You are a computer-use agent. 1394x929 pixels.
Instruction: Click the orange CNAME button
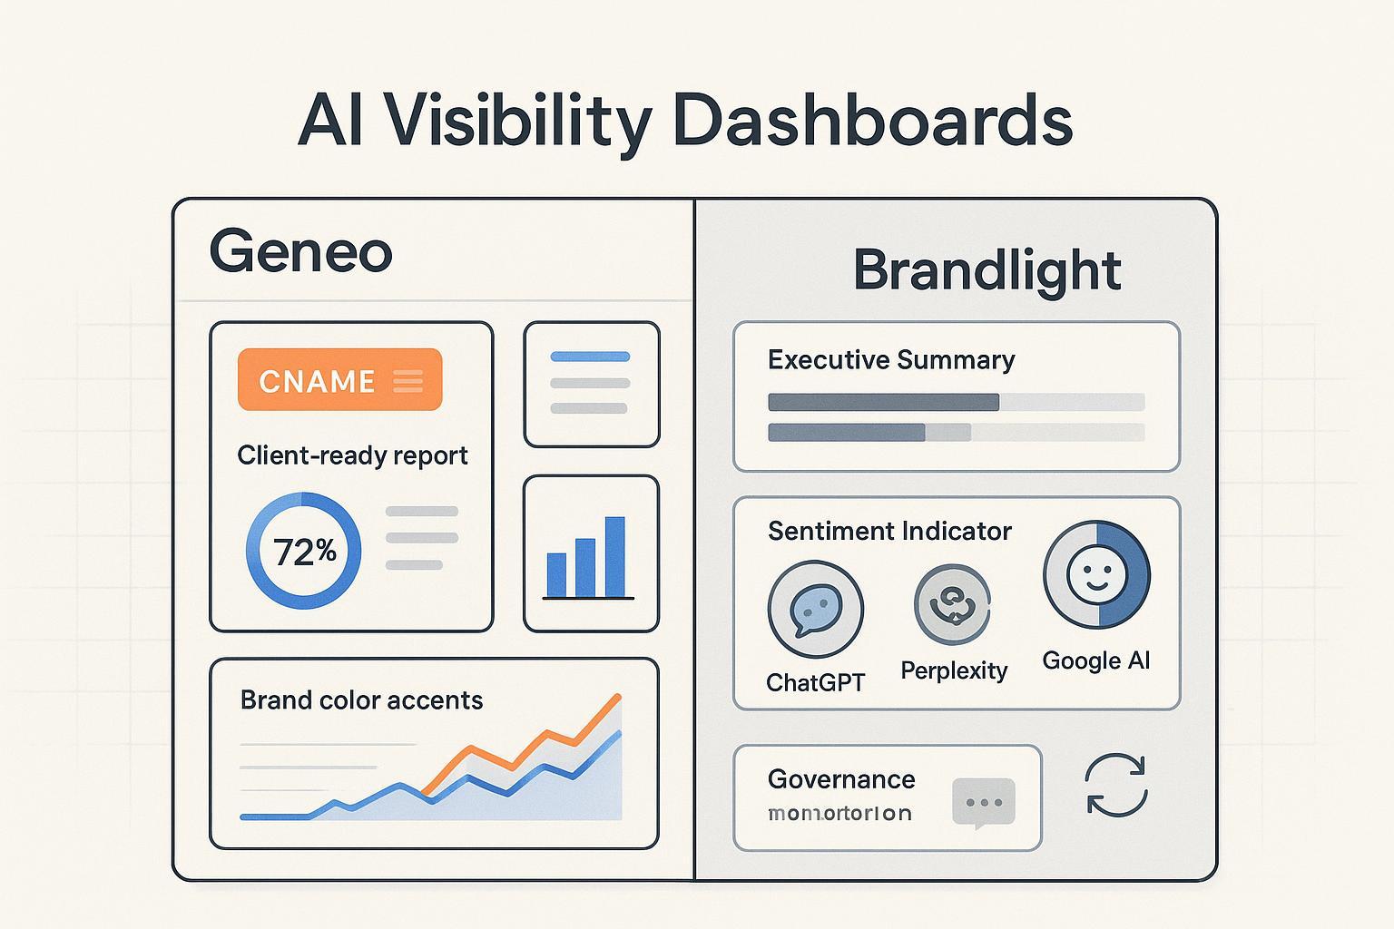tap(339, 380)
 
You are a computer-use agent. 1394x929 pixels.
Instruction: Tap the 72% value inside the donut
tap(304, 551)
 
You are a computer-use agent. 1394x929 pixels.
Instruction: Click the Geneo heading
tap(300, 252)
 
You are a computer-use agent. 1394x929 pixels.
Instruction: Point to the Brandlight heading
tap(987, 270)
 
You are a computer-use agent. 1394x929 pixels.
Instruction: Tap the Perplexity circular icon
tap(952, 604)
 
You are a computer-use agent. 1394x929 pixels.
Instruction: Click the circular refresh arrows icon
tap(1116, 785)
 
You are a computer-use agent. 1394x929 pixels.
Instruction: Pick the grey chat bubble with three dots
tap(984, 803)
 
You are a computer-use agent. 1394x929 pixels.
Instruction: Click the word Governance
tap(841, 779)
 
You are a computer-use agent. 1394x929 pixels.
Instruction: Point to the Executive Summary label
tap(891, 360)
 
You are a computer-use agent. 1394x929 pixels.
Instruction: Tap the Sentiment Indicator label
tap(889, 531)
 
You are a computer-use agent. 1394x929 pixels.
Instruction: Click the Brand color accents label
tap(361, 700)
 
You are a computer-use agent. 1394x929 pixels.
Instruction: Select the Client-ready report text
tap(352, 455)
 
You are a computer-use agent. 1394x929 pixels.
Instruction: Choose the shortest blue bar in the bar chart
tap(556, 574)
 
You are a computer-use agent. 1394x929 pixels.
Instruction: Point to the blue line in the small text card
tap(590, 357)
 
